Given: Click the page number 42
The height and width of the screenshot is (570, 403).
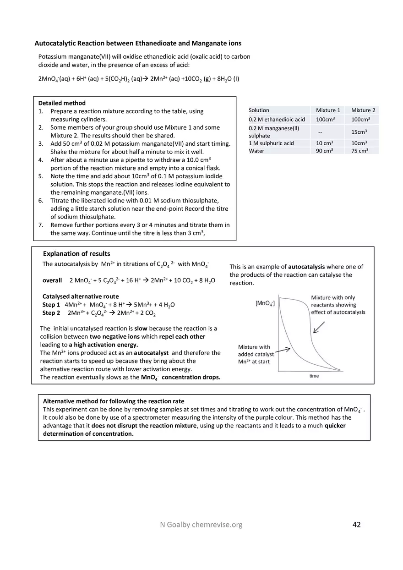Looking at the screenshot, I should (356, 525).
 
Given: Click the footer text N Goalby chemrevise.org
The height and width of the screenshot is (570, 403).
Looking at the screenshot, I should (198, 525).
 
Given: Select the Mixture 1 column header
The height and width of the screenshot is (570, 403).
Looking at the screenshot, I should (328, 110).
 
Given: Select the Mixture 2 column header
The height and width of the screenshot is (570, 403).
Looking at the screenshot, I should (363, 110).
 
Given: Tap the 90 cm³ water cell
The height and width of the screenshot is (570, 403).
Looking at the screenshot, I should (324, 151).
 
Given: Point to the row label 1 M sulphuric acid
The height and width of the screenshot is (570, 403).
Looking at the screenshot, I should (271, 143).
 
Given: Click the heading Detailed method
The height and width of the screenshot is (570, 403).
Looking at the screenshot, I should (62, 103).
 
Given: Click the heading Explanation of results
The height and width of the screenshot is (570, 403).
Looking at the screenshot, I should (76, 253).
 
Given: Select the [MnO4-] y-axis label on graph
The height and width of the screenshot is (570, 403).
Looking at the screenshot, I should (265, 303).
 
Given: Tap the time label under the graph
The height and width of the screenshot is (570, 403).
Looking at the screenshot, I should (314, 376).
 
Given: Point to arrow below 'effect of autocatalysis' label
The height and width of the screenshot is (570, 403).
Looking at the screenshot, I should (319, 328).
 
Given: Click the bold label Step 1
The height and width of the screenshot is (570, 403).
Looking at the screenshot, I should (51, 305).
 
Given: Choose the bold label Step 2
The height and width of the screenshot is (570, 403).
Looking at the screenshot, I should (51, 313).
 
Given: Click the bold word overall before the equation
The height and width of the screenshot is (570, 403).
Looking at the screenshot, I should (52, 280).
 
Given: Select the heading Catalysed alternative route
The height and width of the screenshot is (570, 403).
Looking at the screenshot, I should (80, 296).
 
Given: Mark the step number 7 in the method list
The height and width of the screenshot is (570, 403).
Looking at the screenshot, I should (41, 225).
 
